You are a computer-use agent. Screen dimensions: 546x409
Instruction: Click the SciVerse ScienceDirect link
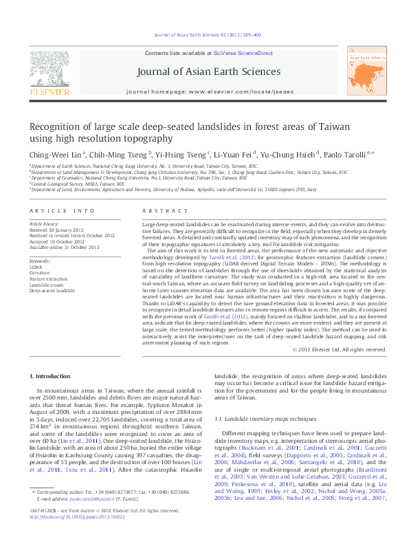[x=243, y=53]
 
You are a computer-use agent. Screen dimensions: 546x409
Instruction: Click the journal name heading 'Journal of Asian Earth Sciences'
[x=209, y=72]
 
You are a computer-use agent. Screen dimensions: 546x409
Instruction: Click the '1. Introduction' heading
[x=52, y=376]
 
